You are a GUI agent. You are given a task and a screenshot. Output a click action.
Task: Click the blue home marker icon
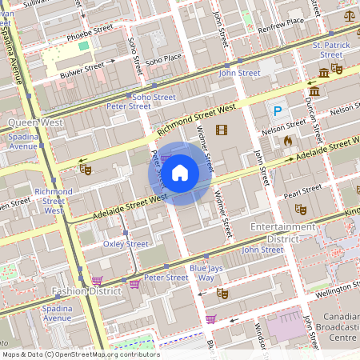click(x=180, y=173)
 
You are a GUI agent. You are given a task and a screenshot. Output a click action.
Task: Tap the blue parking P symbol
click(x=278, y=111)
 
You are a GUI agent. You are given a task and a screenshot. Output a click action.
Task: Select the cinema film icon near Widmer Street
click(x=222, y=130)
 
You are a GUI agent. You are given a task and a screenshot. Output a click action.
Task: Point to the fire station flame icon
click(x=288, y=140)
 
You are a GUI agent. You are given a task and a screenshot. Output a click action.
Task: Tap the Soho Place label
click(x=163, y=59)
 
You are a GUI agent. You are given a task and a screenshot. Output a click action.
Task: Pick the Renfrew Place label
click(x=282, y=22)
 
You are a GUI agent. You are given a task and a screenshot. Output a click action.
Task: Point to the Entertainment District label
click(x=283, y=233)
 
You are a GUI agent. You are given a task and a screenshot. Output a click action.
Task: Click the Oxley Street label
click(x=126, y=244)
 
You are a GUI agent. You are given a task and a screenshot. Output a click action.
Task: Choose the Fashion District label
click(x=86, y=291)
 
